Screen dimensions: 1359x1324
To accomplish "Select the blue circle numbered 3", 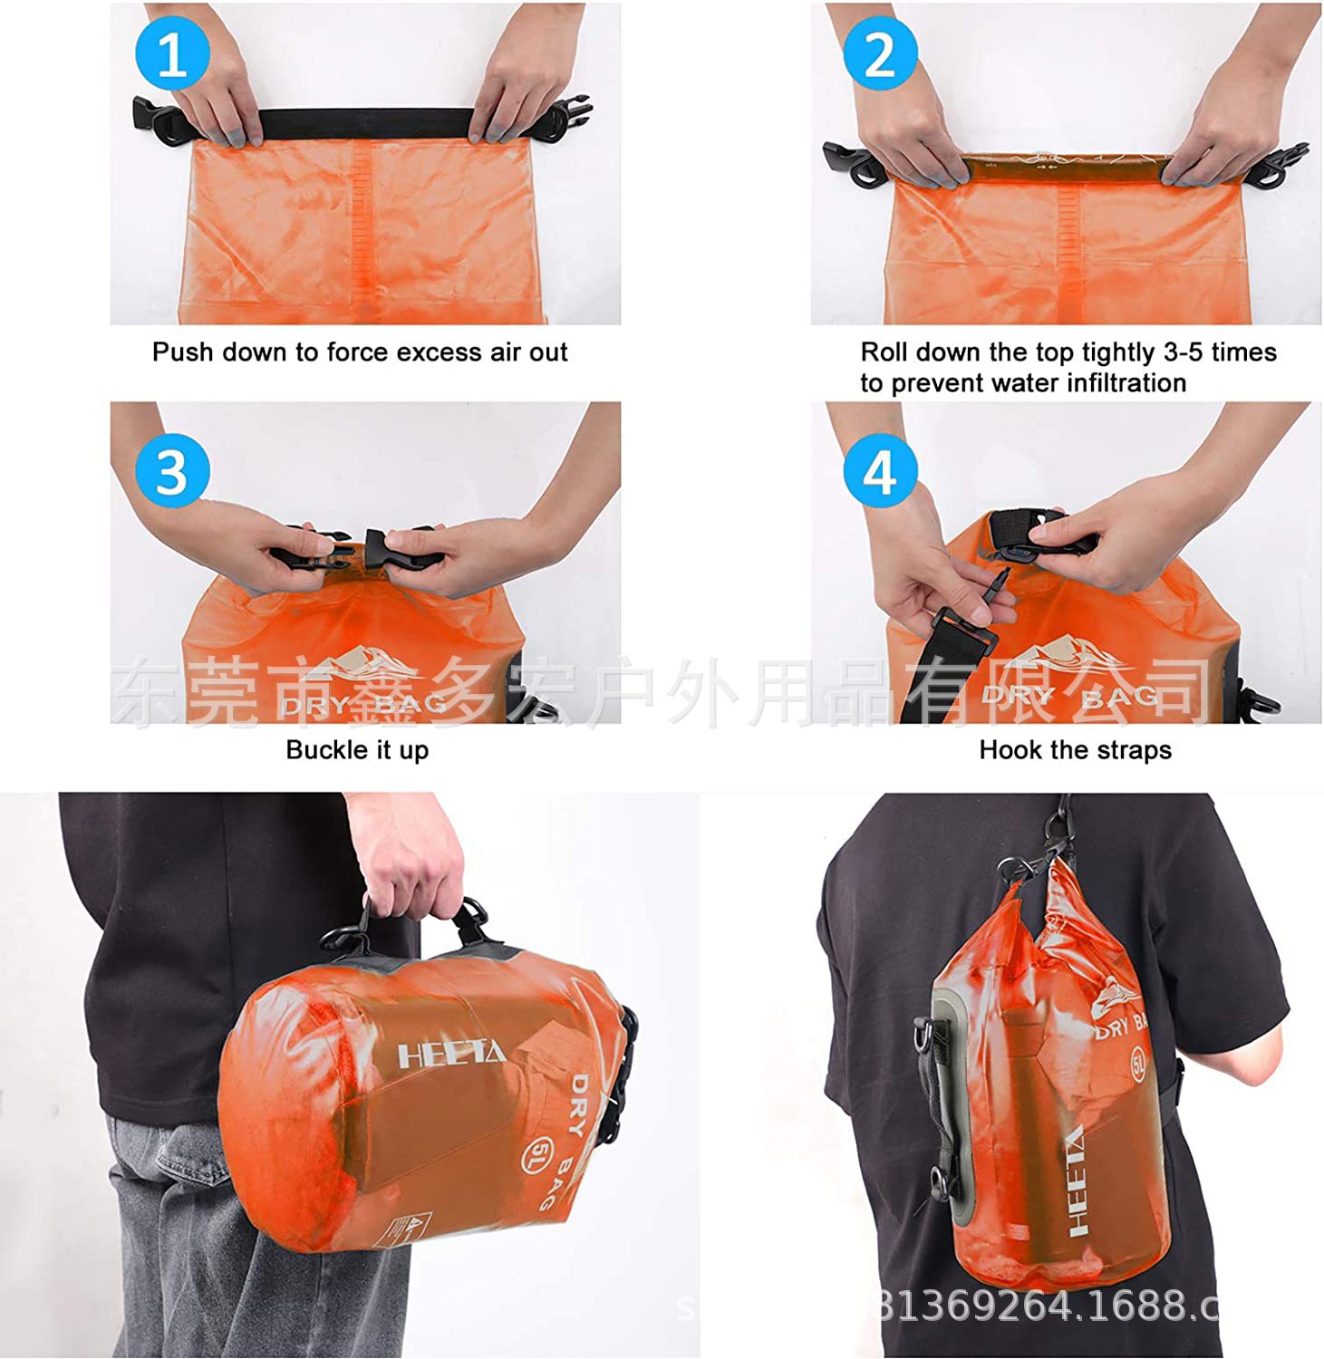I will click(172, 471).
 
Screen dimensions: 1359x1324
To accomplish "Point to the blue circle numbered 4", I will click(879, 471).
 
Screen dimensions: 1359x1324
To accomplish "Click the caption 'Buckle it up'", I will click(357, 750).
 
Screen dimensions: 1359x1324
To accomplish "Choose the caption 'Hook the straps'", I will click(1075, 750).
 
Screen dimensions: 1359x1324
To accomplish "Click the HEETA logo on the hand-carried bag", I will click(451, 1054).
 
